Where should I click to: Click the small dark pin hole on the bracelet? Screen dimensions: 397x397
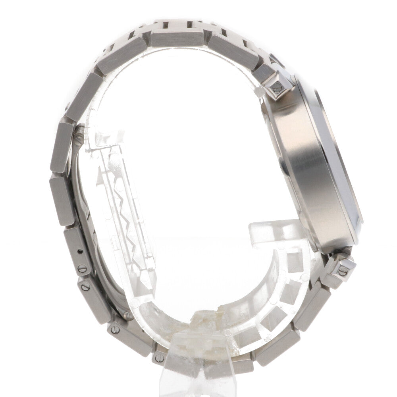(81, 251)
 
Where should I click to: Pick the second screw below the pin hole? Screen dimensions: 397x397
(85, 285)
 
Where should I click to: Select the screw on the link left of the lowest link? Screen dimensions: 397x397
(114, 329)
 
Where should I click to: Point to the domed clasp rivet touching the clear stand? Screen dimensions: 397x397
(128, 315)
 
